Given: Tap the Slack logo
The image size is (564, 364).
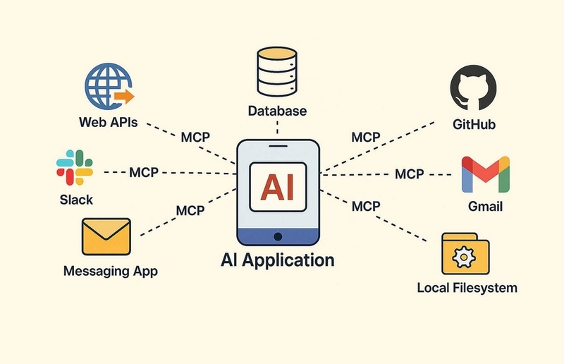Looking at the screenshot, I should coord(75,168).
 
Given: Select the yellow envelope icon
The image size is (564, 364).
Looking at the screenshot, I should coord(106,237).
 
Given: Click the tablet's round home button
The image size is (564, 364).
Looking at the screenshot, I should coord(278,236).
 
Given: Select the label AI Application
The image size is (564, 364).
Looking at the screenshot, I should coord(277,260).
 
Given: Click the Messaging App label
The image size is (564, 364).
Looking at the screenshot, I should coord(111,270).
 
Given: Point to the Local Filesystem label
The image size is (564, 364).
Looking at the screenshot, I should coord(467,288).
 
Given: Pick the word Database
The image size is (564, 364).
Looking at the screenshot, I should coord(277,111).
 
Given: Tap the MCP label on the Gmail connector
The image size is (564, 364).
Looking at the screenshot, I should coord(409,174).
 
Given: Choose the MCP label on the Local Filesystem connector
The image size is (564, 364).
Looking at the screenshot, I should coord(365,207).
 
